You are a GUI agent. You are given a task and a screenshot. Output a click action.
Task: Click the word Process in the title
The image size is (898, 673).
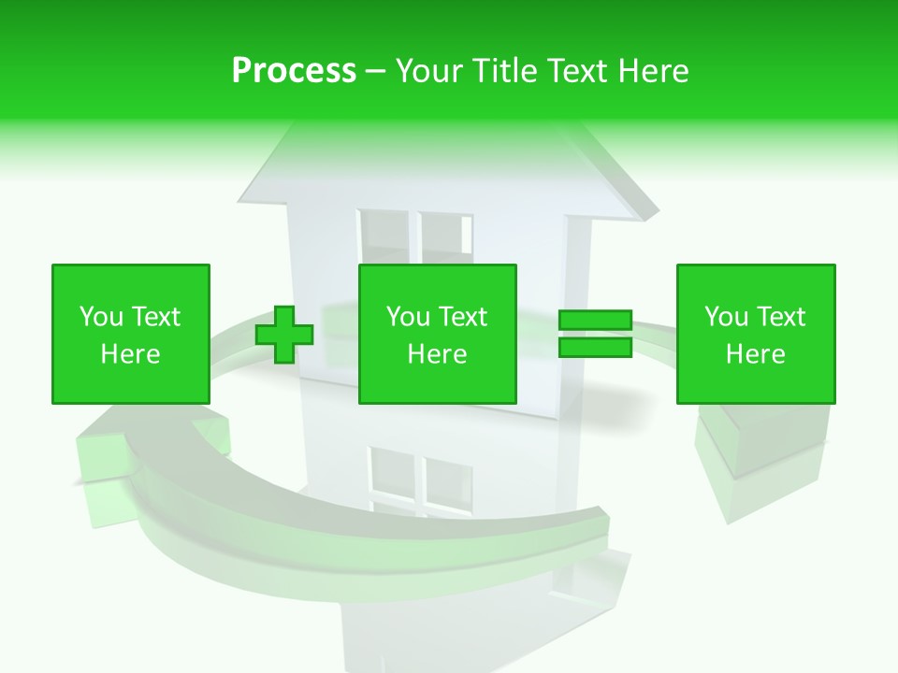pyautogui.click(x=294, y=71)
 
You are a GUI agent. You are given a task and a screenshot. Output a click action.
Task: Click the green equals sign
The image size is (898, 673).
pyautogui.click(x=595, y=334)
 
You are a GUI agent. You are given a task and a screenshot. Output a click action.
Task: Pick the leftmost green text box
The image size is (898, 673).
pyautogui.click(x=131, y=334)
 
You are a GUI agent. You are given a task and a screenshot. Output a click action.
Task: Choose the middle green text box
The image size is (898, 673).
pyautogui.click(x=438, y=334)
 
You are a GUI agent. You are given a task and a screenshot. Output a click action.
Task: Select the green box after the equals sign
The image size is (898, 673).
pyautogui.click(x=756, y=334)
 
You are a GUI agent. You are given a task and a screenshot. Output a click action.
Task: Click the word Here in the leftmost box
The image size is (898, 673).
pyautogui.click(x=130, y=354)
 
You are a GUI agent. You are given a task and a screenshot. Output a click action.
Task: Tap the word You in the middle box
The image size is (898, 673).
pyautogui.click(x=408, y=317)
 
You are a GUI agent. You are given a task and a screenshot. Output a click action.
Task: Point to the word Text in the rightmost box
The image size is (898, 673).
pyautogui.click(x=782, y=317)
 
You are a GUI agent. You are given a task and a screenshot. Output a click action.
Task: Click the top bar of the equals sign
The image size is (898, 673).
pyautogui.click(x=595, y=321)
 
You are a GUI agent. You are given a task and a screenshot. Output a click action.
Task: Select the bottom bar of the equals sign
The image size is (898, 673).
pyautogui.click(x=595, y=347)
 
